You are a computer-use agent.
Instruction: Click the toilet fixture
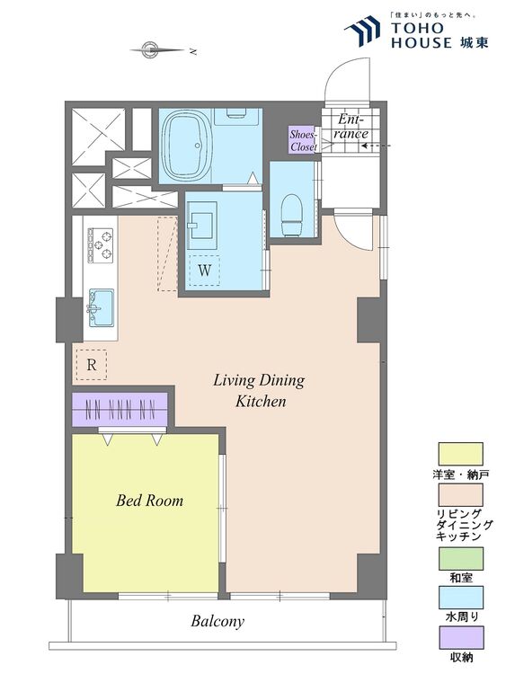coord(291,214)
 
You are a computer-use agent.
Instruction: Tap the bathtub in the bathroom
coord(186,146)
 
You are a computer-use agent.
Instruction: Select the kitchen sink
coord(102,307)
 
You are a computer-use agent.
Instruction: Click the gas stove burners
coord(101,245)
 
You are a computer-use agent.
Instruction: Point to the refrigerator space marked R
coord(91,365)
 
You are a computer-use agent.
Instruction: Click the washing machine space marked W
coord(205,270)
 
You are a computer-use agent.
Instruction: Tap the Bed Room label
coord(149,501)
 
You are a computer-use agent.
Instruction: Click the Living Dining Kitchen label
coord(259,390)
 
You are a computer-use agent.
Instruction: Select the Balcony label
coord(217,622)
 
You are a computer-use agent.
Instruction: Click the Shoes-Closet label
coord(304,140)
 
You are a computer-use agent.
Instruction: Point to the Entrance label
coord(351,126)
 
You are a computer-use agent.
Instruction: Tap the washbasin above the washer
coord(202,226)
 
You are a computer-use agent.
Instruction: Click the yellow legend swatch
coord(460,455)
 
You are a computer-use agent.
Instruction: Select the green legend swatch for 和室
coord(460,558)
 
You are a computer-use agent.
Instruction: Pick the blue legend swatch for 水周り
coord(460,598)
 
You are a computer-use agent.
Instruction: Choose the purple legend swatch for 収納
coord(460,637)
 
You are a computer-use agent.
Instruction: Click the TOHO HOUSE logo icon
coord(363,31)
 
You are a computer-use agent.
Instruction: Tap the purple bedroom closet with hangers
coord(120,410)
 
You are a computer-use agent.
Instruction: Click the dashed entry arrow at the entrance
coord(377,146)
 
